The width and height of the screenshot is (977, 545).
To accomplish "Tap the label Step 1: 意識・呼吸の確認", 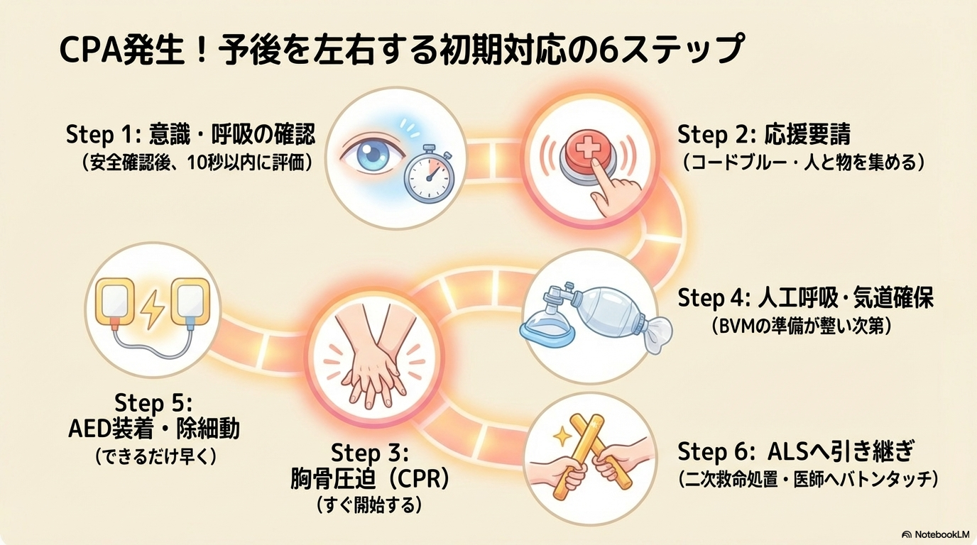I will (190, 134).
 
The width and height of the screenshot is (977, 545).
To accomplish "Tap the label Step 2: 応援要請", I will (764, 134).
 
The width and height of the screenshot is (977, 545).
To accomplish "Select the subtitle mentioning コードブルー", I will (803, 163).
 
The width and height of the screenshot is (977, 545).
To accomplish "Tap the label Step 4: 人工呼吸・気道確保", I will (805, 298).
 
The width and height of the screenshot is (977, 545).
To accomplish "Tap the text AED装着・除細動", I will (154, 429).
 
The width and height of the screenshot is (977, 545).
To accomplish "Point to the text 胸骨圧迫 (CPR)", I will (370, 479).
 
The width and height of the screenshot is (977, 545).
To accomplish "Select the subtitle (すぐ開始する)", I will (369, 505).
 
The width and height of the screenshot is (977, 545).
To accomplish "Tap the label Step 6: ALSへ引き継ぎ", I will (795, 451).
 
